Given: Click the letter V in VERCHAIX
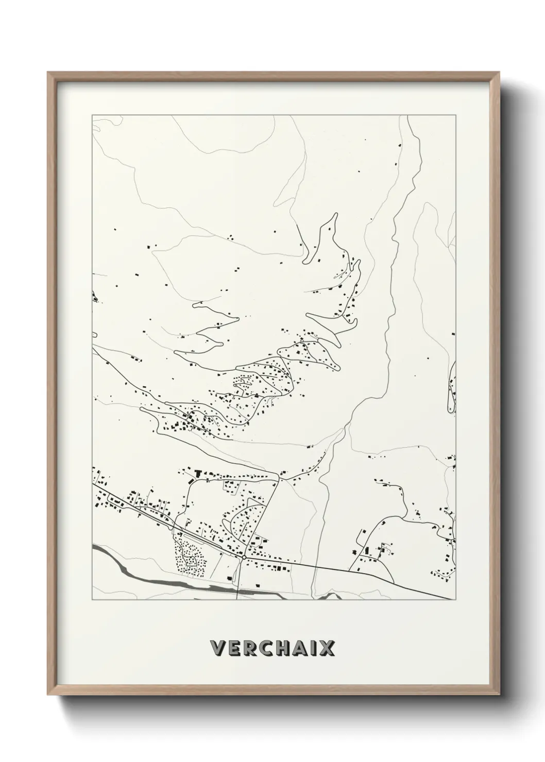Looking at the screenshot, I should (x=218, y=648).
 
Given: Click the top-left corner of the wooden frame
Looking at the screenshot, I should (x=48, y=73).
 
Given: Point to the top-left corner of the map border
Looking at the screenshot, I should (x=92, y=115).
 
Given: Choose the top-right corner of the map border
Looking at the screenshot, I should (x=455, y=115).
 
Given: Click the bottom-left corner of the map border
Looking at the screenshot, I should (x=92, y=600).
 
